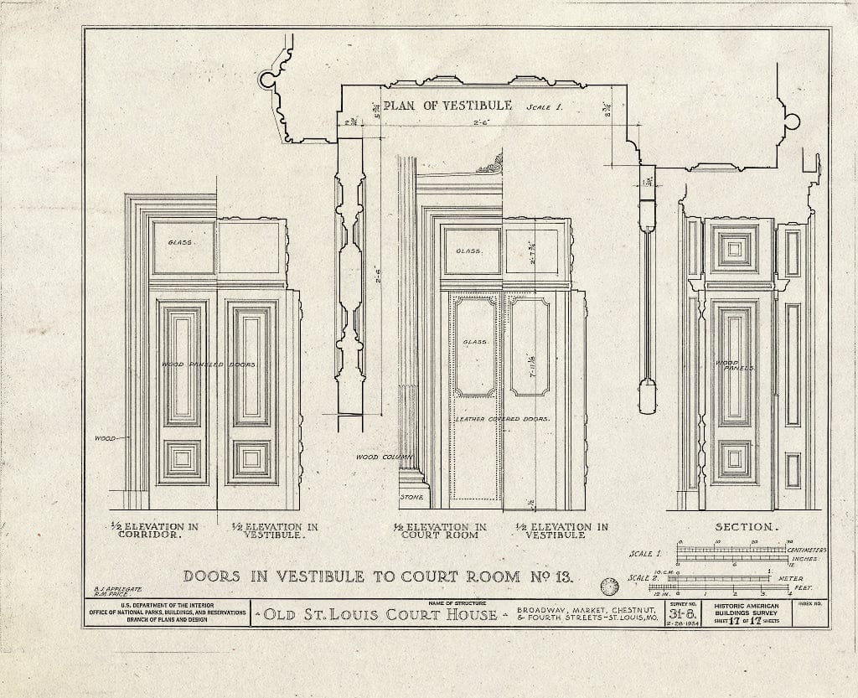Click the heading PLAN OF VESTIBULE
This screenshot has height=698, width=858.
pyautogui.click(x=447, y=105)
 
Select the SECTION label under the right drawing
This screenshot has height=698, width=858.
pyautogui.click(x=744, y=527)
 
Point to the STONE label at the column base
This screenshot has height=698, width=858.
pyautogui.click(x=411, y=498)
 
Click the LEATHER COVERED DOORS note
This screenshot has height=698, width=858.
pyautogui.click(x=502, y=418)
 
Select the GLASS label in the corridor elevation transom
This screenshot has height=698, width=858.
pyautogui.click(x=180, y=243)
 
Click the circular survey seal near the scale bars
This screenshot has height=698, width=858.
pyautogui.click(x=611, y=587)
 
